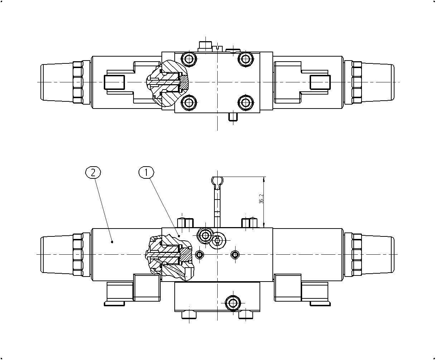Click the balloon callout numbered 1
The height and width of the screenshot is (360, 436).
(146, 173)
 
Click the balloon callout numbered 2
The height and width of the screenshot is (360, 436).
(93, 173)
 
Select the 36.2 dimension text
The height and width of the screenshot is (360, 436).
(261, 199)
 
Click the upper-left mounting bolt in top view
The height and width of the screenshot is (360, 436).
(189, 59)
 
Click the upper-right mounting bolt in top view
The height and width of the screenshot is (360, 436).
(246, 59)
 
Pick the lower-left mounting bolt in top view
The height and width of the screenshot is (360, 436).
(189, 102)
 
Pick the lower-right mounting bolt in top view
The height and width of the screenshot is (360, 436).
(246, 102)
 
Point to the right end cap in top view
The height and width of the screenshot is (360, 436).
(378, 82)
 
